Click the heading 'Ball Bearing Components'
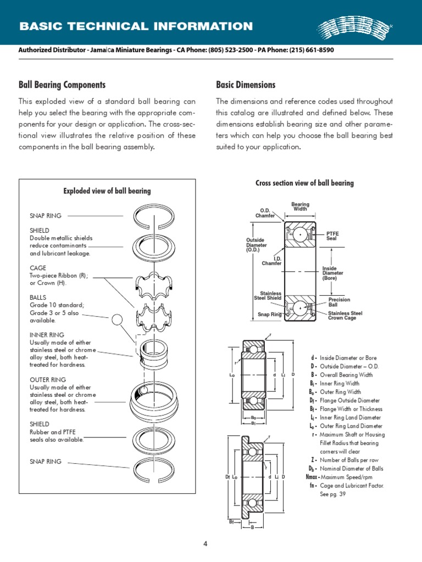click(x=62, y=85)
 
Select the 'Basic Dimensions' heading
click(x=246, y=85)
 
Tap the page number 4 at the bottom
click(x=206, y=544)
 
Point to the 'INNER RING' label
click(x=47, y=335)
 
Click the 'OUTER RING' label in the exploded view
click(x=48, y=379)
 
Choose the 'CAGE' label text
click(x=38, y=268)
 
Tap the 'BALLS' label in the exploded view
click(x=38, y=297)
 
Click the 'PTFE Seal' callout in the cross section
click(x=333, y=236)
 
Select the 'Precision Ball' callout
click(x=339, y=302)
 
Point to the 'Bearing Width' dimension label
click(x=300, y=207)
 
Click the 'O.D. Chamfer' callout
click(x=265, y=213)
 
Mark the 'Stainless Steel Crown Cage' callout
click(x=345, y=316)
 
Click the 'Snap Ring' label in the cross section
click(x=269, y=314)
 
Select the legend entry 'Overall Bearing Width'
click(x=346, y=375)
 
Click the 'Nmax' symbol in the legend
click(x=312, y=477)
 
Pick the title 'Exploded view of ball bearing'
click(x=107, y=191)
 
